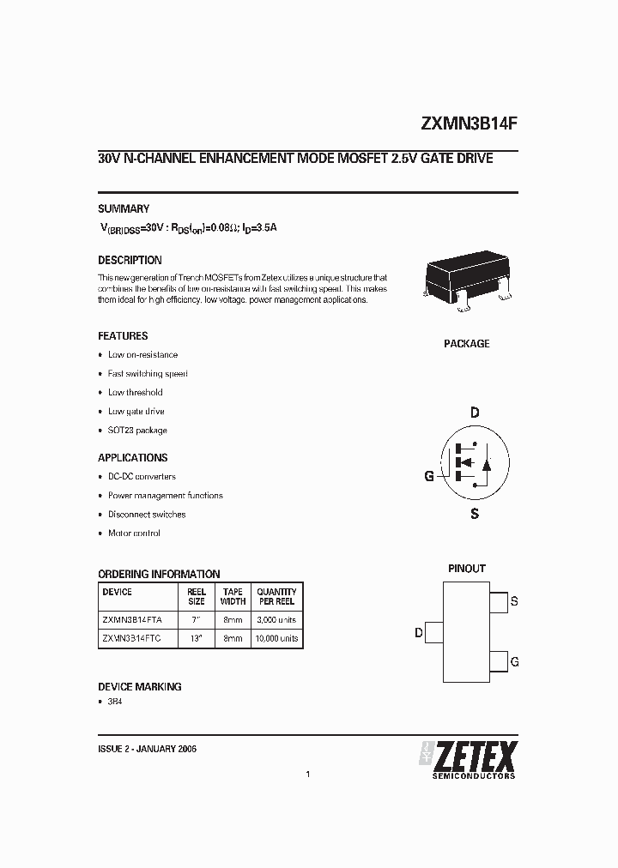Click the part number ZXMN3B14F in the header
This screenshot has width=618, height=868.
(469, 123)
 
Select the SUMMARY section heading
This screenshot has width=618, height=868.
(124, 208)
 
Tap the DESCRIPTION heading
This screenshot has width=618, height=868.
(130, 260)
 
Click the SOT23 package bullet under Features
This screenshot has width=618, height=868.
(137, 431)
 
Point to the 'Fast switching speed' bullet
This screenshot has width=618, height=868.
(148, 374)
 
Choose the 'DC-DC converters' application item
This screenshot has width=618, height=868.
(142, 477)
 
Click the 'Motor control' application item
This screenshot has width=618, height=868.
(134, 533)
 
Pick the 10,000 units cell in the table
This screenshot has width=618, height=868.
(276, 639)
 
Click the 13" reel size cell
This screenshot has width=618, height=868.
(197, 639)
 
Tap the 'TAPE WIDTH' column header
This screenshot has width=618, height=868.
(233, 596)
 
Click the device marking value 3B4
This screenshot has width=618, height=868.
(115, 702)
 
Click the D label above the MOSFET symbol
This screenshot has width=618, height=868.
(475, 413)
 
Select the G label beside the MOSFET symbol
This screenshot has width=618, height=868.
(428, 477)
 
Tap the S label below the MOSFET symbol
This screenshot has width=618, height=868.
(475, 515)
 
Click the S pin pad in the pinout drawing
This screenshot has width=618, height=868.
(497, 601)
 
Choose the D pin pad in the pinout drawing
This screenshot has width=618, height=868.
(435, 634)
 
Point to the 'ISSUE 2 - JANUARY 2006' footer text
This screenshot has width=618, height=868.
(148, 749)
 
